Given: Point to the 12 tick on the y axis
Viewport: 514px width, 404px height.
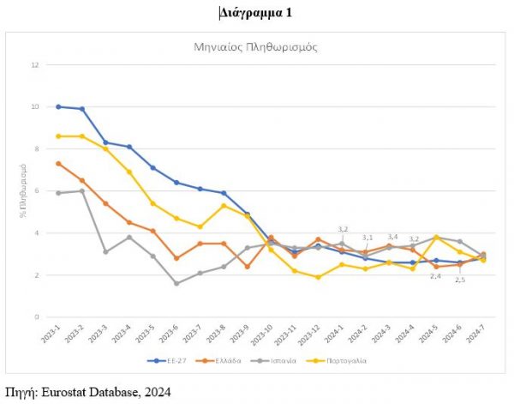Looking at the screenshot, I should coord(36,64).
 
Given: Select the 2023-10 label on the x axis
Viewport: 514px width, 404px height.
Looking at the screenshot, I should coord(269,335).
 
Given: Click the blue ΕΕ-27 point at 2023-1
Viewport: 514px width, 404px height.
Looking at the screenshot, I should coord(58,106).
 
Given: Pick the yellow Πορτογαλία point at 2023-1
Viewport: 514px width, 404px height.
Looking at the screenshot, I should coord(58,136).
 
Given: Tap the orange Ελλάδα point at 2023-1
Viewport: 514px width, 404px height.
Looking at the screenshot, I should coord(58,163).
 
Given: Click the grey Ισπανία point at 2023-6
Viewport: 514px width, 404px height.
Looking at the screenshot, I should coord(176,283).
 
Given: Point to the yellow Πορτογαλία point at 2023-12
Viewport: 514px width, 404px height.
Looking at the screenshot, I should coord(318,277).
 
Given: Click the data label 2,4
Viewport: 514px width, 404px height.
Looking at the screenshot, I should coord(435,276).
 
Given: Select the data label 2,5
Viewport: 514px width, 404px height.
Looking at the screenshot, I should coord(460,280).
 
